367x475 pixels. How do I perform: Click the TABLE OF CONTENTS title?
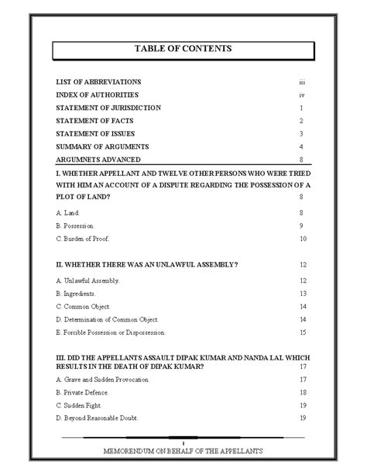click(x=183, y=49)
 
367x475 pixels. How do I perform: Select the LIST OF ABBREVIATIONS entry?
click(x=98, y=81)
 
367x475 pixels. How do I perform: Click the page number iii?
click(x=302, y=81)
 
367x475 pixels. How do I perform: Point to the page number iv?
click(x=302, y=95)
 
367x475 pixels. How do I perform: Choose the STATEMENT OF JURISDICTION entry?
click(x=108, y=108)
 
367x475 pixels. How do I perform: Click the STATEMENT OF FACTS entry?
click(x=94, y=121)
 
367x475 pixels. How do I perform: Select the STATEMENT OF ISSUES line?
click(x=94, y=134)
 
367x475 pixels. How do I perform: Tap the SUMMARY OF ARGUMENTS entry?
click(x=102, y=146)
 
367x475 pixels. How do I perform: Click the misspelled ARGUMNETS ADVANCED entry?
click(x=98, y=160)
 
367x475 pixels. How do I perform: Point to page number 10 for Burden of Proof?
click(x=303, y=239)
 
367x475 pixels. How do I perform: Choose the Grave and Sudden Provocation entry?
click(x=103, y=380)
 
